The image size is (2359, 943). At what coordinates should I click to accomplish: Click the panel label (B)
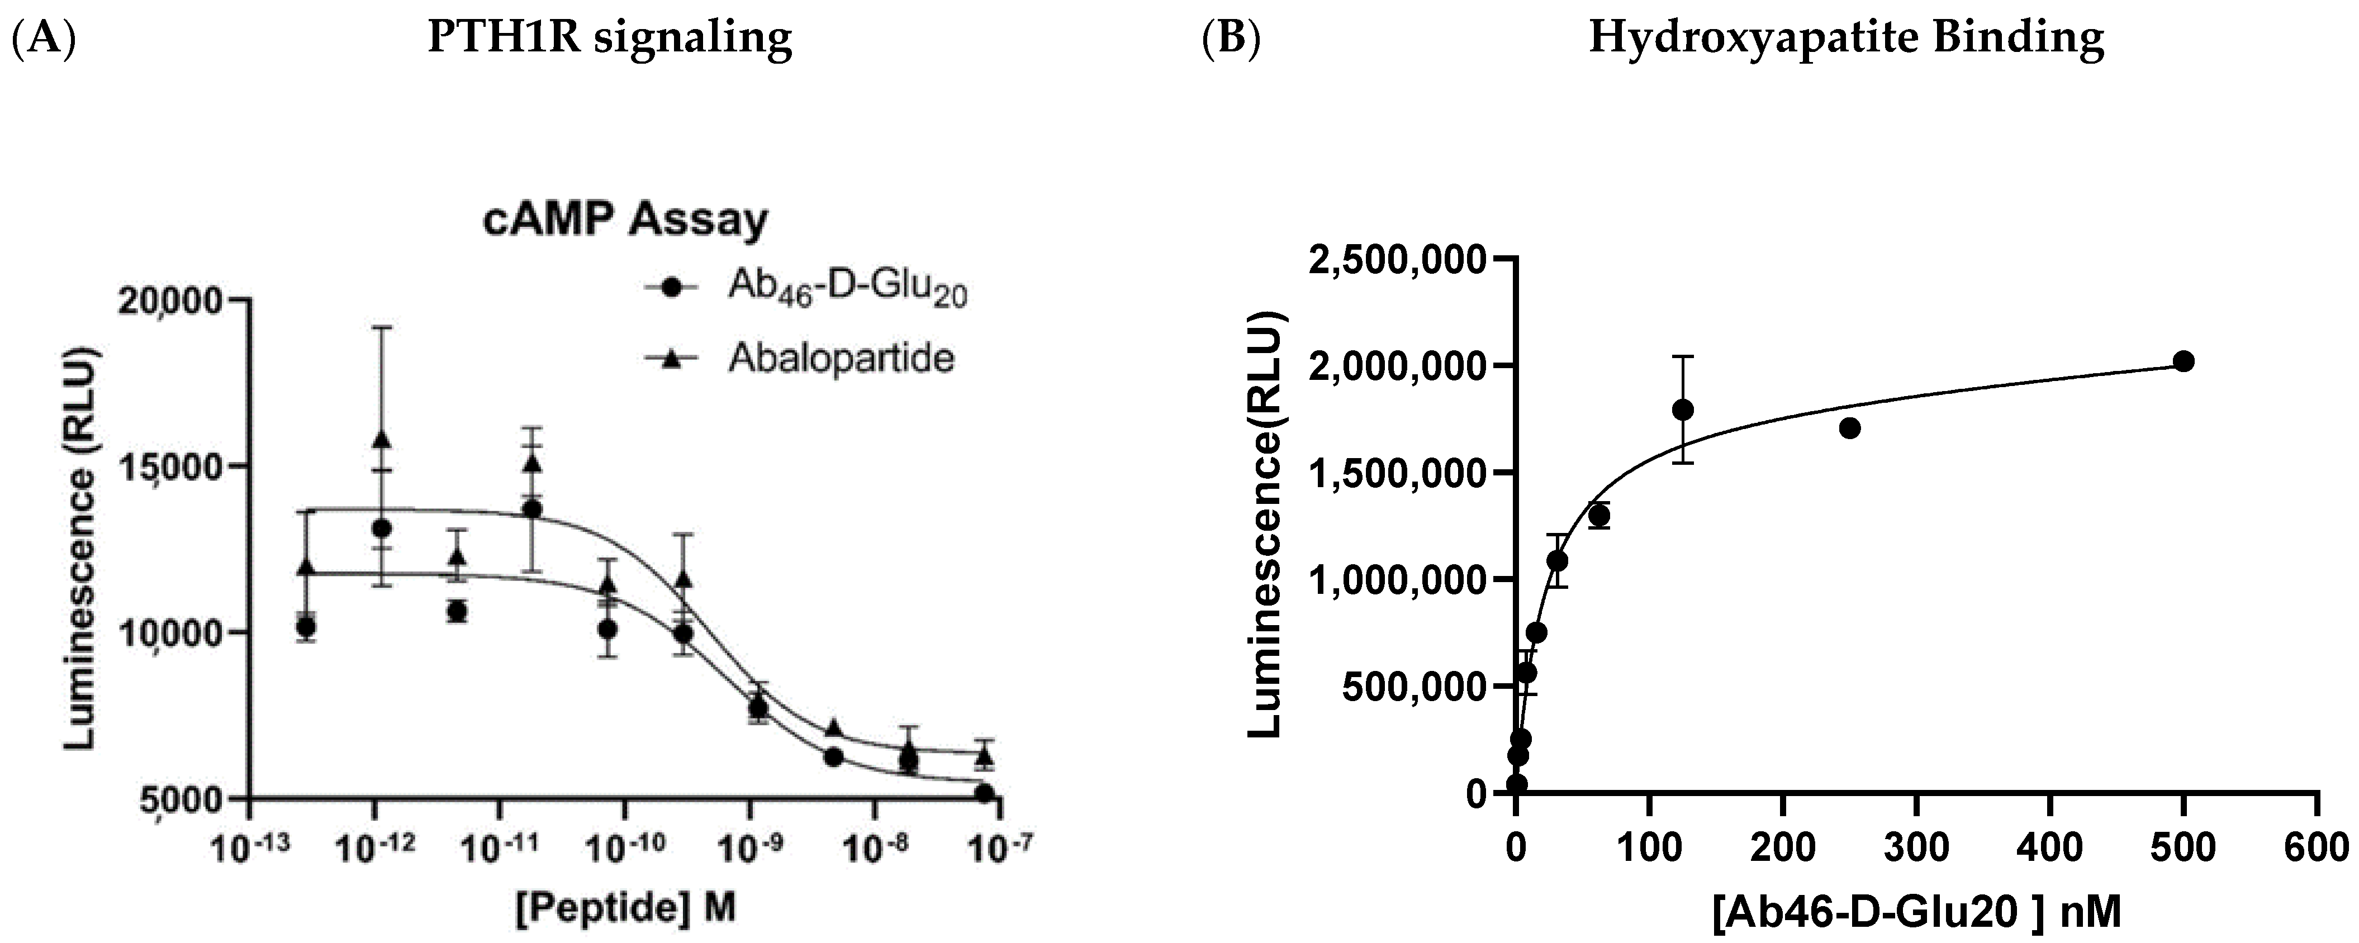(1232, 39)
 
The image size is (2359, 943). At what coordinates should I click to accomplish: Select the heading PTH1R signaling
(610, 39)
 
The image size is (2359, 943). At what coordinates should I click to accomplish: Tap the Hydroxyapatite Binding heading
(1846, 39)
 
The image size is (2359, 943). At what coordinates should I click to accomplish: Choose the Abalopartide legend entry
(840, 358)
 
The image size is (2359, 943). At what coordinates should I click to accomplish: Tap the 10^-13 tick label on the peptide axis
(249, 848)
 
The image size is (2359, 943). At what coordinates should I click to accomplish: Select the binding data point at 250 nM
(1850, 428)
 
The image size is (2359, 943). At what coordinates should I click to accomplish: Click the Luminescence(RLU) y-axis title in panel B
(1268, 525)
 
